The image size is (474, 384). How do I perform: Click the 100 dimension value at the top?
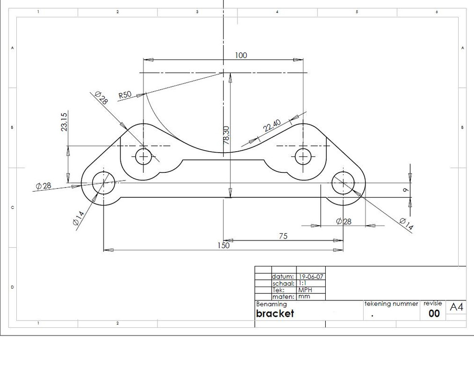click(x=241, y=56)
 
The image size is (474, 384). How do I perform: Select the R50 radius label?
click(x=125, y=95)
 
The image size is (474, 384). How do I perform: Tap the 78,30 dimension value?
click(x=226, y=135)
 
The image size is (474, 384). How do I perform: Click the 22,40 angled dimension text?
click(x=272, y=126)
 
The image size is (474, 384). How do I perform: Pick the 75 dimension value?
click(x=284, y=236)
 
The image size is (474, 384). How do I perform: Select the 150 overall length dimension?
click(x=223, y=246)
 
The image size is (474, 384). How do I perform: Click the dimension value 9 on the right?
click(x=405, y=191)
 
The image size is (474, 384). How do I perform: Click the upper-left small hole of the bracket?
click(x=143, y=156)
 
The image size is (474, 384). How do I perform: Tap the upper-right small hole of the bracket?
click(x=303, y=156)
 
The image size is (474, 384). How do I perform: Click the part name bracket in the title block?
click(x=274, y=314)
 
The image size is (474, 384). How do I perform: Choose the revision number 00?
click(x=434, y=314)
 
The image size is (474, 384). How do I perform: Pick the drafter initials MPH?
click(x=305, y=290)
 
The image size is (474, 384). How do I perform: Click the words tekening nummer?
click(x=391, y=304)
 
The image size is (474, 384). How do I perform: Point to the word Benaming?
click(x=271, y=304)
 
